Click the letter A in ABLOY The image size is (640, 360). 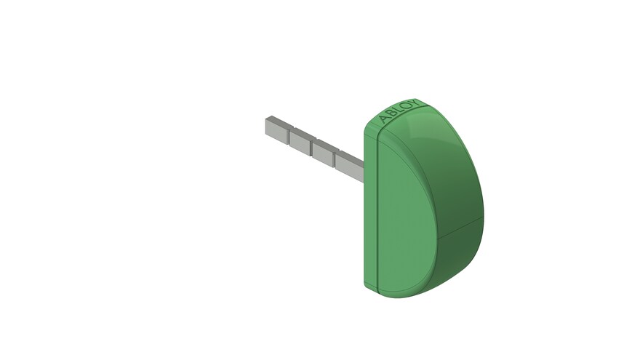(x=384, y=119)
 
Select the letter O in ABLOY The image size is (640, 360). (x=405, y=107)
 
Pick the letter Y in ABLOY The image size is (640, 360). (x=414, y=103)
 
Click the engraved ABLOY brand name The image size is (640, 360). (x=399, y=111)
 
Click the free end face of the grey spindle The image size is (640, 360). (x=268, y=126)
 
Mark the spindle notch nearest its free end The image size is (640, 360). (x=289, y=136)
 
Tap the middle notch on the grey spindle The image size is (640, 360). (x=313, y=148)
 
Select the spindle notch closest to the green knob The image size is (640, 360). (x=335, y=159)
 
